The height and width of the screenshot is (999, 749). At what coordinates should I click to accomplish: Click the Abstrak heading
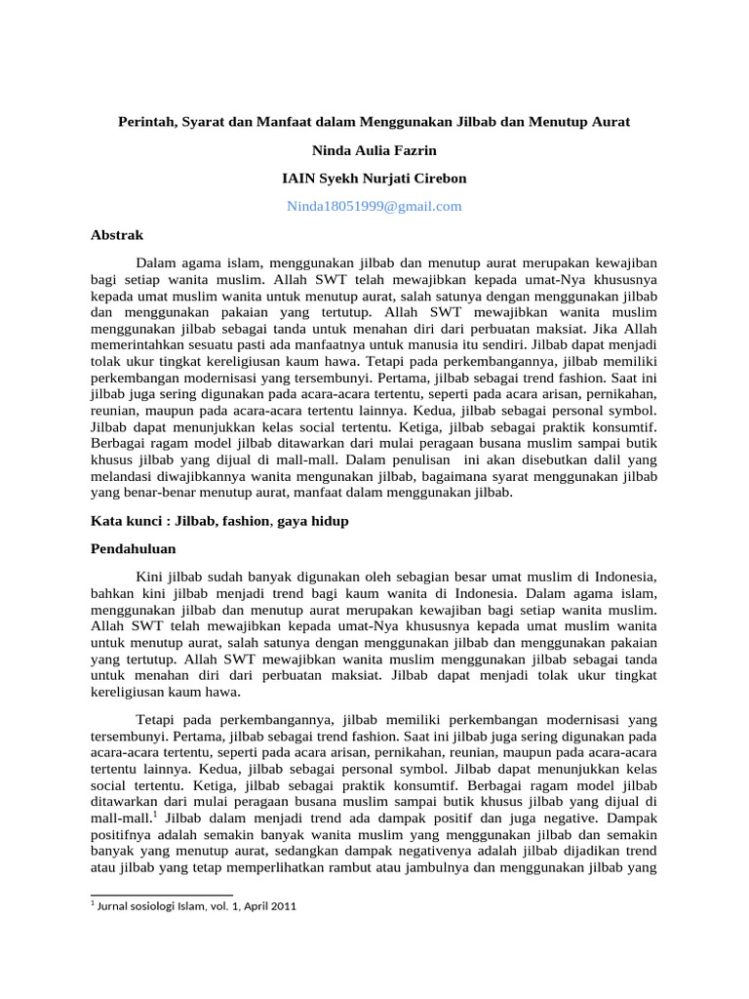click(x=116, y=235)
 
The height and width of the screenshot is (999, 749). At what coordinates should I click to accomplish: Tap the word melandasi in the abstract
click(x=122, y=475)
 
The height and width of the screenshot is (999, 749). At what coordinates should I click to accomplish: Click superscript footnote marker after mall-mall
click(x=156, y=812)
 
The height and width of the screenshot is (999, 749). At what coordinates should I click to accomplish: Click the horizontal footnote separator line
click(x=161, y=894)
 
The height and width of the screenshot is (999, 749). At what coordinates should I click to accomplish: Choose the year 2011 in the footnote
click(x=283, y=906)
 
